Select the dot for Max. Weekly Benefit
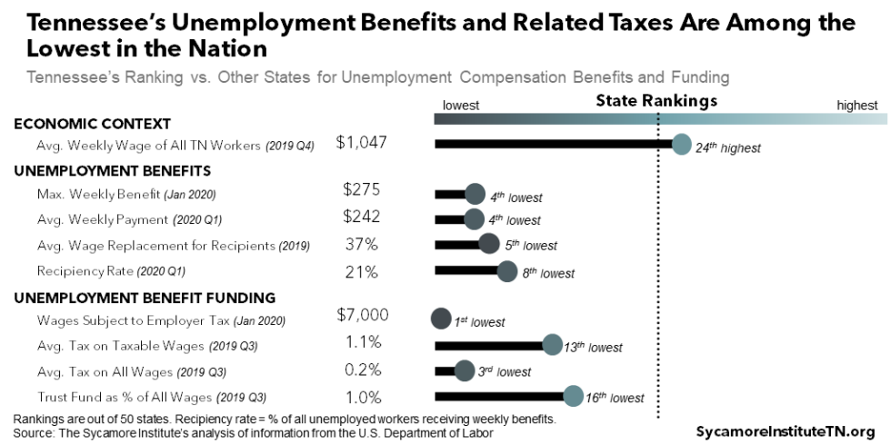(474, 194)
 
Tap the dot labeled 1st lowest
(441, 319)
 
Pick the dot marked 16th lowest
(573, 396)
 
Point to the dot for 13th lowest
(552, 345)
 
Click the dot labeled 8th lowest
(507, 270)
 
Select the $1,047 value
(361, 142)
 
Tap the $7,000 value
(362, 315)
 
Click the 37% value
(362, 244)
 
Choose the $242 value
(361, 217)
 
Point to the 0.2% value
(363, 370)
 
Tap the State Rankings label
(656, 101)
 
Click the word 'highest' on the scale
(856, 106)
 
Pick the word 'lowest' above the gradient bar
(460, 106)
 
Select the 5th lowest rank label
(531, 246)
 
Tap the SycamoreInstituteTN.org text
(785, 431)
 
